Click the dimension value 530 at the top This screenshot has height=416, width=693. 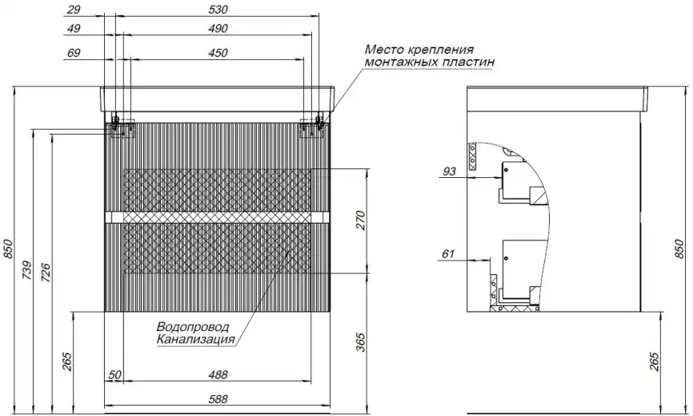point(217,10)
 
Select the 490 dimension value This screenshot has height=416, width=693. point(217,30)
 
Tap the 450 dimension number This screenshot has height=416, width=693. point(217,53)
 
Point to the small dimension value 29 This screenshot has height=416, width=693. point(76,10)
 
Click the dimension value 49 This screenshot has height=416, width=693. point(76,30)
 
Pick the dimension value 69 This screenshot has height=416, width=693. point(76,53)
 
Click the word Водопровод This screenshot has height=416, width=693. point(193,327)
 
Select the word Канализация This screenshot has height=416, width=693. point(196,340)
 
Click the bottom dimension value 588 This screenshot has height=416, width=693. point(218,398)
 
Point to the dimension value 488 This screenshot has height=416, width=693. point(218,375)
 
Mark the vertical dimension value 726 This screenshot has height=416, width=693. point(46,273)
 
